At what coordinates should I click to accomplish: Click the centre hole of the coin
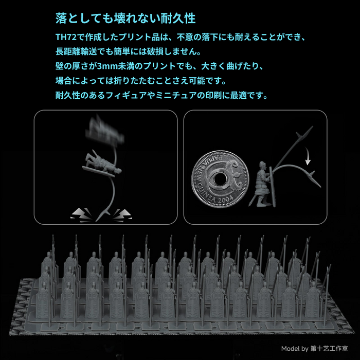click(220, 179)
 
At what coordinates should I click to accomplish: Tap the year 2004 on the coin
click(225, 200)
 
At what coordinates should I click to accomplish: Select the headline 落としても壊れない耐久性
click(125, 19)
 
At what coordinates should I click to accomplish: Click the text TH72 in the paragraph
click(66, 37)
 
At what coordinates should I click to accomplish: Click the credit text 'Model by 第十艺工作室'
click(315, 349)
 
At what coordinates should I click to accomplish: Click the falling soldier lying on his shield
click(102, 164)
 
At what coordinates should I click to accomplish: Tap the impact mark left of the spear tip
click(81, 215)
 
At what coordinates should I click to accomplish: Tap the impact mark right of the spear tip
click(122, 215)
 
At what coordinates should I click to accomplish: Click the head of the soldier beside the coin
click(262, 165)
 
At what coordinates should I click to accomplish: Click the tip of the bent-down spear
click(320, 187)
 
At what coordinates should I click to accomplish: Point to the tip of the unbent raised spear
click(313, 127)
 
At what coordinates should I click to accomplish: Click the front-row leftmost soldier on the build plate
click(43, 301)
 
